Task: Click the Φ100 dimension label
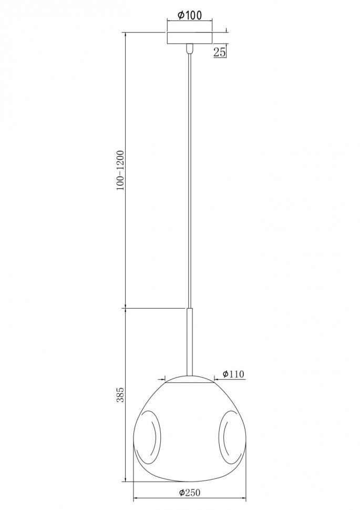click(190, 15)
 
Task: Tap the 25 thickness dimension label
click(220, 52)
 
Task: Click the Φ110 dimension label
click(233, 374)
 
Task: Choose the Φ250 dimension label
click(190, 492)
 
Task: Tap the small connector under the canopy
click(190, 49)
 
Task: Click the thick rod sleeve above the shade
click(190, 342)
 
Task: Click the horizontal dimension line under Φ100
click(190, 22)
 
